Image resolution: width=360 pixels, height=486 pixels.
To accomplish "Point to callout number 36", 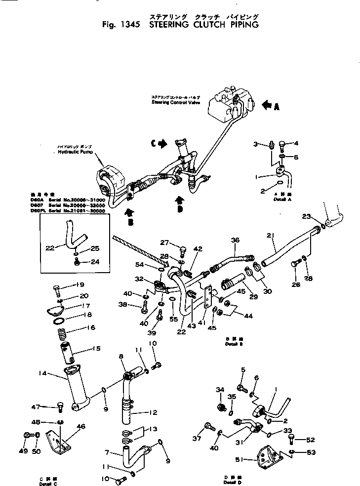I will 235,240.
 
